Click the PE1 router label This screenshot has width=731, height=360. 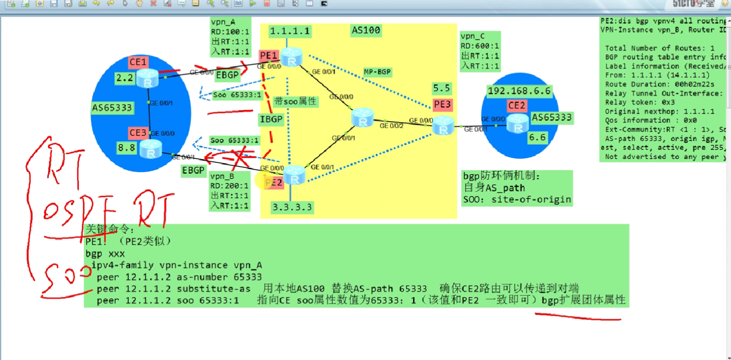(268, 56)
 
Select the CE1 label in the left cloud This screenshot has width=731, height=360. (138, 62)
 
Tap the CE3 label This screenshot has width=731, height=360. (138, 133)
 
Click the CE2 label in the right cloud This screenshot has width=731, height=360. (517, 106)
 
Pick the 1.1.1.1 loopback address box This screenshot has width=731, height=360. (290, 31)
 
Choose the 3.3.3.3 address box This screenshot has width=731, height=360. (292, 207)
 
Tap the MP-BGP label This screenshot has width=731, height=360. (378, 72)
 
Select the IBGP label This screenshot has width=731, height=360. (271, 119)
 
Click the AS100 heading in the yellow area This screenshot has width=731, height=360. (366, 31)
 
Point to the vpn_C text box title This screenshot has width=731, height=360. (473, 36)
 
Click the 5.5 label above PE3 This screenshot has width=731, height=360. (442, 88)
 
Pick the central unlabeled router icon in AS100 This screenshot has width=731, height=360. (363, 118)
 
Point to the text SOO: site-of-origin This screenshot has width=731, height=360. (517, 199)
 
